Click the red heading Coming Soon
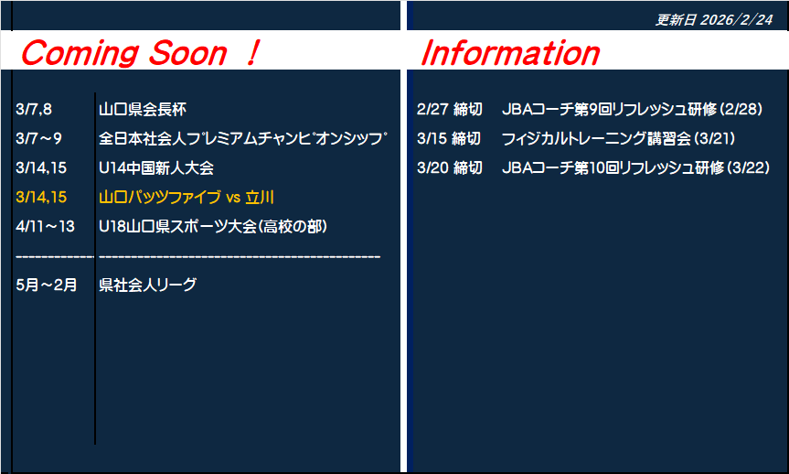click(123, 53)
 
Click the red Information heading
click(510, 53)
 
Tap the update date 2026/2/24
click(736, 19)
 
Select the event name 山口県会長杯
click(143, 109)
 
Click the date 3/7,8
click(34, 109)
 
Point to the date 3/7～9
click(38, 138)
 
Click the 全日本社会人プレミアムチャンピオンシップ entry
click(243, 138)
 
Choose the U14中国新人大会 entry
click(156, 167)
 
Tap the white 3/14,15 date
click(41, 167)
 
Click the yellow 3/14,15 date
click(41, 197)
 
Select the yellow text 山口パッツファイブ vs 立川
click(187, 197)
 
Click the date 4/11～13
click(46, 226)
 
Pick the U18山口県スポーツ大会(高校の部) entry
click(213, 226)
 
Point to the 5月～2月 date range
click(47, 285)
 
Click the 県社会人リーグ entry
click(147, 285)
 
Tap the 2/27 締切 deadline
click(449, 109)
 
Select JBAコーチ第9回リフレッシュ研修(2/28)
click(633, 109)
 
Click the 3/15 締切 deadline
click(449, 138)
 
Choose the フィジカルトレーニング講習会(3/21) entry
click(618, 138)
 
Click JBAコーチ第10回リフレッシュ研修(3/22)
click(636, 167)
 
